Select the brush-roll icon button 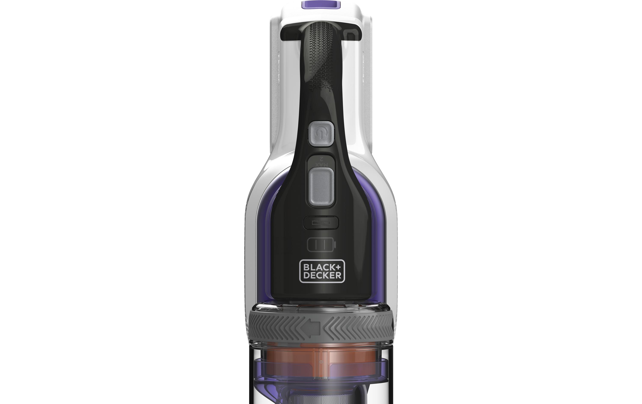click(x=321, y=222)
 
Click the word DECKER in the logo click(x=322, y=275)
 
